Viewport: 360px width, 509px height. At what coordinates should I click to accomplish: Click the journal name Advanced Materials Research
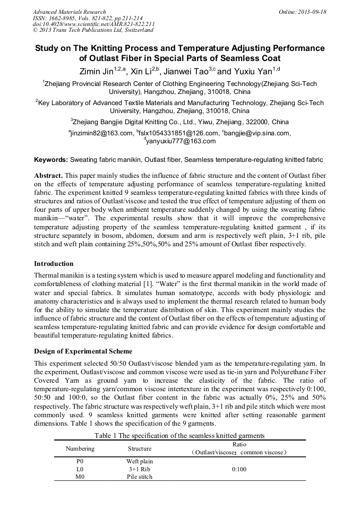[69, 12]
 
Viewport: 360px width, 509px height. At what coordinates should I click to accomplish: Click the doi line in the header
[93, 24]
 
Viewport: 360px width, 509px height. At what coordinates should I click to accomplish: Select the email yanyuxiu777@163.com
[180, 141]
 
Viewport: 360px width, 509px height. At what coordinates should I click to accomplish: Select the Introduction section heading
[54, 264]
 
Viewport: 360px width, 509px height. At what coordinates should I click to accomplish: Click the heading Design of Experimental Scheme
[83, 351]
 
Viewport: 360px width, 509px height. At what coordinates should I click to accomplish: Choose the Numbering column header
[80, 448]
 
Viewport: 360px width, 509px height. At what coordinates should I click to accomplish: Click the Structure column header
[140, 448]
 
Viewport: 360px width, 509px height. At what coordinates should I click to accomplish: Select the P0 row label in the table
[80, 462]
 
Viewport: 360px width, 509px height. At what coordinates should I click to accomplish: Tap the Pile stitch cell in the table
[140, 477]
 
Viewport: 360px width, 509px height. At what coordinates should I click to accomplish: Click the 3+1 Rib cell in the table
[140, 469]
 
